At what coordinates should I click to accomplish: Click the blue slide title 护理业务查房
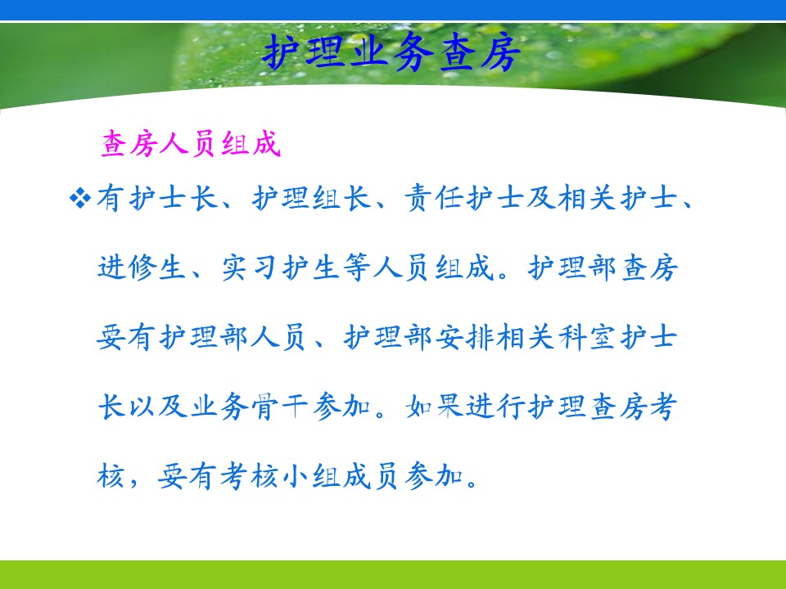[391, 52]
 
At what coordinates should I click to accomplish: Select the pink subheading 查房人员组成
[191, 144]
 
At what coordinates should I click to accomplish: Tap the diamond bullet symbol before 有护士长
[80, 198]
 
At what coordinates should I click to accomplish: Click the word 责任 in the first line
[434, 197]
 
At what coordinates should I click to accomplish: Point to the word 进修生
[142, 267]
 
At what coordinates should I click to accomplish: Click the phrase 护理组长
[311, 197]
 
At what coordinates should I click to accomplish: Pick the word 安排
[465, 336]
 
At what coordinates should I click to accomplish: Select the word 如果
[435, 407]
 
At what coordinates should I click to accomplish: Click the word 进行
[496, 407]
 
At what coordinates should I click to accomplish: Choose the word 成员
[372, 476]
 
